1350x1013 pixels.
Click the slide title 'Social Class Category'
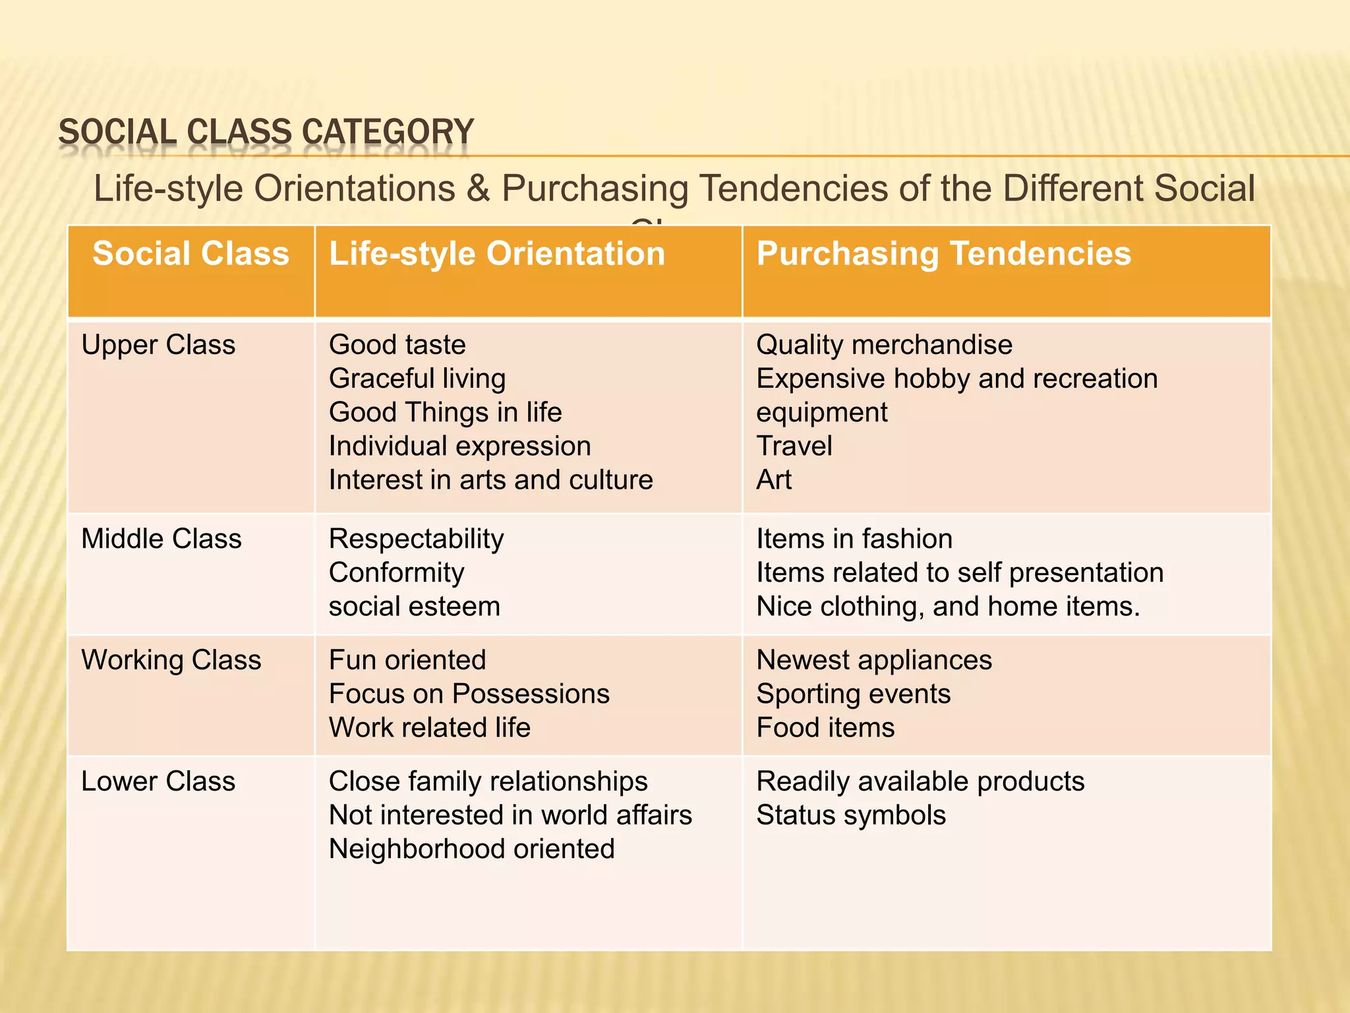[266, 132]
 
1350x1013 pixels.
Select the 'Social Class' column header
[191, 254]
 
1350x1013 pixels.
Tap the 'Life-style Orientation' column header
[497, 254]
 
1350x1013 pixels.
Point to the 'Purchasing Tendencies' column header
[943, 254]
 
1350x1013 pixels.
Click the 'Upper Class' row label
[158, 345]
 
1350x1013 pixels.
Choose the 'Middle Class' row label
[161, 539]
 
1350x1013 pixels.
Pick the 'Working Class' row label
[171, 660]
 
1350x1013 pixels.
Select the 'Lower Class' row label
[158, 782]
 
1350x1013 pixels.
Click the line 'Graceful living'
[417, 379]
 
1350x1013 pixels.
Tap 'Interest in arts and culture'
[490, 480]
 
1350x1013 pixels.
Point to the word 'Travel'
[794, 446]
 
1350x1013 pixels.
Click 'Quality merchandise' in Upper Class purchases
[884, 345]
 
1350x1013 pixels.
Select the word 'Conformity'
[396, 573]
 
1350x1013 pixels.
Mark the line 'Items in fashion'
[854, 539]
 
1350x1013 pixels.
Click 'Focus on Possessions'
[469, 694]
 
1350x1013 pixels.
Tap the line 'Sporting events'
[854, 694]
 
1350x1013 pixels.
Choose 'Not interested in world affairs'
[510, 815]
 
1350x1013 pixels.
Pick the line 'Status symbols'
[851, 815]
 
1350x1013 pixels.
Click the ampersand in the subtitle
[479, 189]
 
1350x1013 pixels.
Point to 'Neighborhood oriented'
[472, 849]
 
